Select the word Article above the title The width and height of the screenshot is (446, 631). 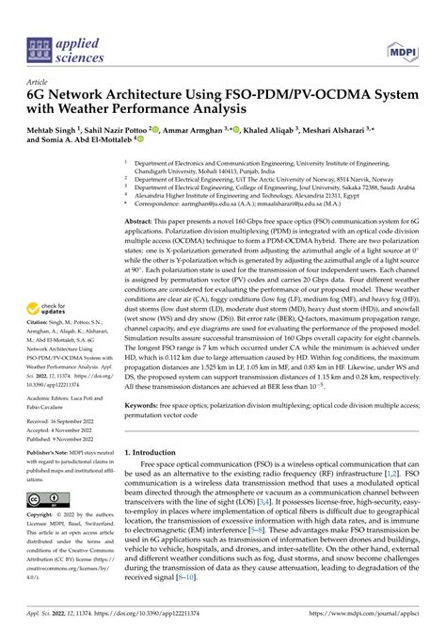[41, 82]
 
